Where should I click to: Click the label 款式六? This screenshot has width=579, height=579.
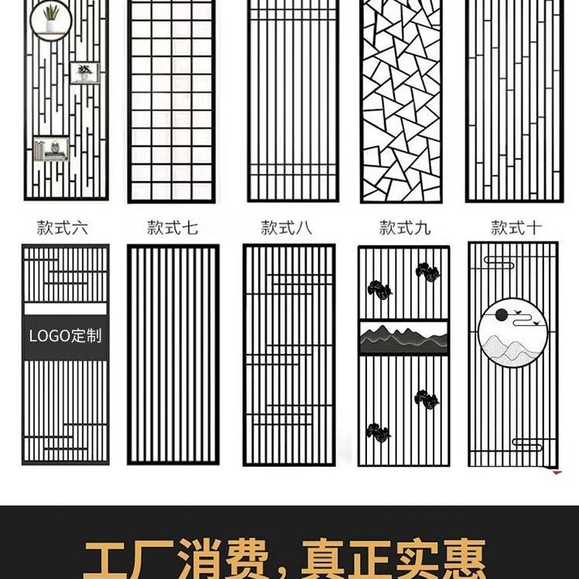(63, 228)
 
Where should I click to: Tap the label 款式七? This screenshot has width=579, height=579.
(173, 228)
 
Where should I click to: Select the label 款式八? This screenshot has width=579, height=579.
(286, 228)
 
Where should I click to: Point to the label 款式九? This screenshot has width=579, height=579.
(405, 228)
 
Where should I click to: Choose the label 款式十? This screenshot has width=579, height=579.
(516, 228)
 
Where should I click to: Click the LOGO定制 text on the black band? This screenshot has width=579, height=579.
(65, 336)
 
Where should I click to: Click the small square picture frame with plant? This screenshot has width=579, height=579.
(85, 73)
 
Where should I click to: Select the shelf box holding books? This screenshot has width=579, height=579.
(51, 149)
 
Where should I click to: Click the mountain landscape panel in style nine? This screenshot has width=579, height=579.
(403, 337)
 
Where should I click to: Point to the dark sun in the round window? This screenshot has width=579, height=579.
(501, 314)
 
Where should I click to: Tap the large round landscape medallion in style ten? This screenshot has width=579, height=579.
(513, 332)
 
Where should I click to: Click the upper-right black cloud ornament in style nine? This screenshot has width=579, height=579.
(427, 272)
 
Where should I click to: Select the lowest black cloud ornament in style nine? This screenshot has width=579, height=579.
(378, 433)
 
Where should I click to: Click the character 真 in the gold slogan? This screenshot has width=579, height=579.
(324, 560)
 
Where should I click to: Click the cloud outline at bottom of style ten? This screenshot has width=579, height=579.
(528, 444)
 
